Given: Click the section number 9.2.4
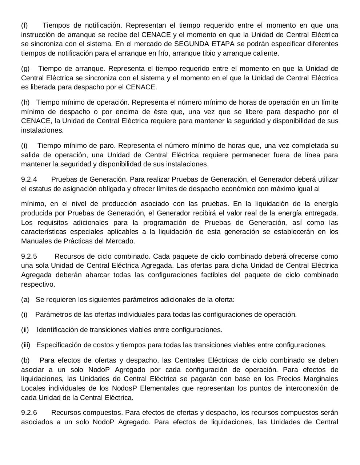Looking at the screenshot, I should pyautogui.click(x=29, y=179).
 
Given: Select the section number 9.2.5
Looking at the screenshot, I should pyautogui.click(x=29, y=256).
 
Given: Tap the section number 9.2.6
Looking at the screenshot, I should pyautogui.click(x=29, y=413).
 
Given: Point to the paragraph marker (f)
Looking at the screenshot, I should pyautogui.click(x=24, y=25).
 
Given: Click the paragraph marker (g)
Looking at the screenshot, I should pyautogui.click(x=25, y=69).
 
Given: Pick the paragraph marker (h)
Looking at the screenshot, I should pyautogui.click(x=25, y=102).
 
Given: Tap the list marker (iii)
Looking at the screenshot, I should pyautogui.click(x=25, y=345).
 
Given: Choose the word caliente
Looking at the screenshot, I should pyautogui.click(x=266, y=53).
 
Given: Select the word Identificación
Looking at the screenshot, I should pyautogui.click(x=57, y=330).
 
